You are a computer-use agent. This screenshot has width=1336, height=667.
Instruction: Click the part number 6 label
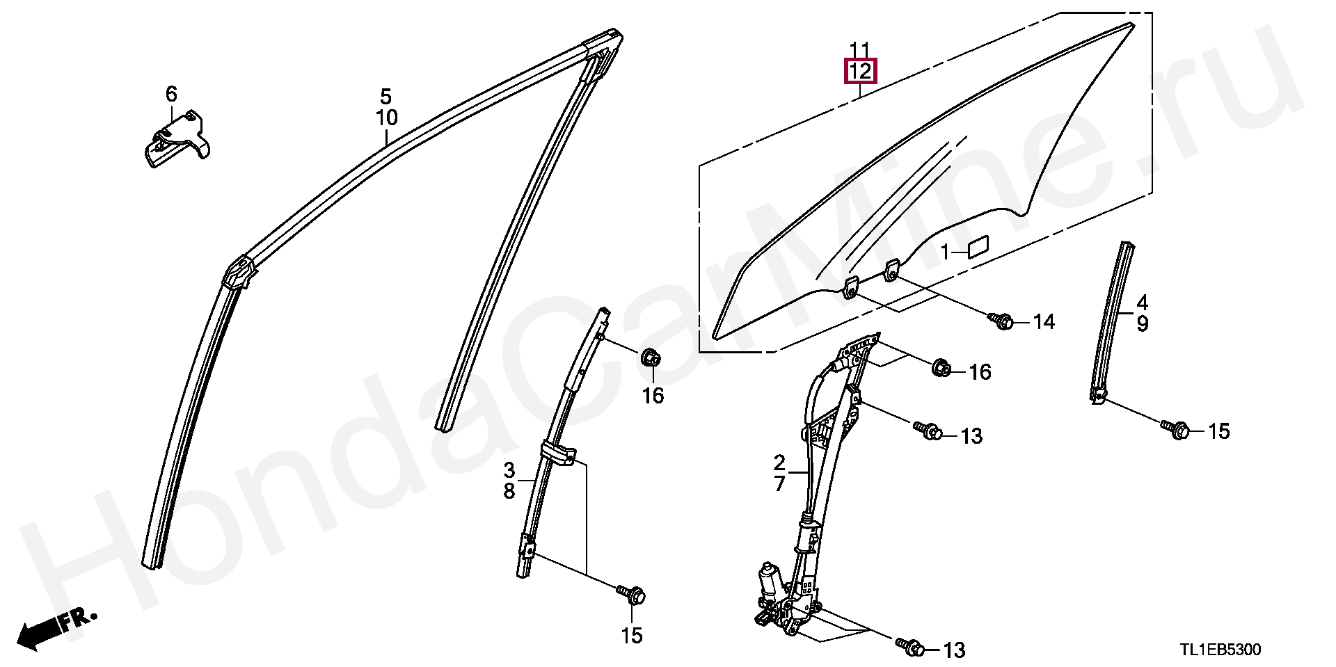coord(171,94)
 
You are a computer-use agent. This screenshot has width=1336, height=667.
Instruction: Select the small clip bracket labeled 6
coord(177,138)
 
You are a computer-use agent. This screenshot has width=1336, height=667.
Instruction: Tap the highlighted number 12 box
coord(860,71)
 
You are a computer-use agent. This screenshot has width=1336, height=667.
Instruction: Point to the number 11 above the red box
coord(860,49)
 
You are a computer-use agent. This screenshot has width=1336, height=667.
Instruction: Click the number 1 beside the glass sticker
coord(945,252)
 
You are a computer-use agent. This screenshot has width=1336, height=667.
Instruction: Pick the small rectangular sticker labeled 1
coord(978,247)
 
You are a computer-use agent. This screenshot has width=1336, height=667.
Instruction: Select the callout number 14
coord(1044,322)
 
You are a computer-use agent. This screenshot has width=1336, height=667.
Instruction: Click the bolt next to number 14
coord(1001,321)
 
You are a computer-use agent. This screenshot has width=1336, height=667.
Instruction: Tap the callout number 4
coord(1143,303)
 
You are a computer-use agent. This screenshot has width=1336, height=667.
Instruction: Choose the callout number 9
coord(1143,324)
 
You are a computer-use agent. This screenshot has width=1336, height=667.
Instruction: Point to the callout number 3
coord(509,469)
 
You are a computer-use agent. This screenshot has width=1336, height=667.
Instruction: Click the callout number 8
coord(509,491)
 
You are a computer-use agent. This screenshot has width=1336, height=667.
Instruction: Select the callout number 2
coord(779,462)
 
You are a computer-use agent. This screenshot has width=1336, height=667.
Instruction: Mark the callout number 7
coord(779,483)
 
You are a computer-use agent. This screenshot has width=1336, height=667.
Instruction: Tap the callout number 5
coord(385,97)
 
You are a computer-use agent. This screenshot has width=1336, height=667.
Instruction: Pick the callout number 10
coord(387,118)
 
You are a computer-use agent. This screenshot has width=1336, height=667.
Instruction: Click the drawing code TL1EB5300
coord(1220,650)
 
